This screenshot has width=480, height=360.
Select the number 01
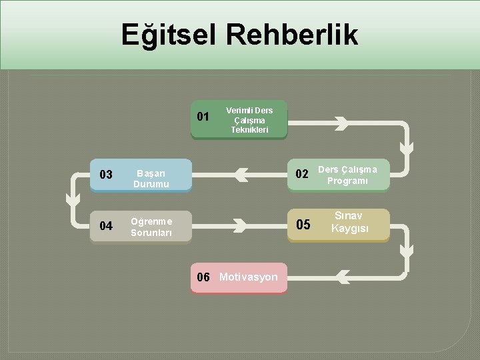pyautogui.click(x=203, y=117)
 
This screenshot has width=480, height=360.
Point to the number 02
pyautogui.click(x=302, y=175)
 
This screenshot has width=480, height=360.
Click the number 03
pyautogui.click(x=105, y=175)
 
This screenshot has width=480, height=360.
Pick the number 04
pyautogui.click(x=105, y=226)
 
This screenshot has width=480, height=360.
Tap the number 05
pyautogui.click(x=303, y=225)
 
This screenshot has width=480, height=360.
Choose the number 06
pyautogui.click(x=203, y=277)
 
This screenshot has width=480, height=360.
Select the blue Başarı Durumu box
pyautogui.click(x=151, y=175)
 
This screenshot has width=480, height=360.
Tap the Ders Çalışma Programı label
pyautogui.click(x=347, y=175)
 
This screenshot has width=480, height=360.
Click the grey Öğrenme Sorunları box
pyautogui.click(x=151, y=227)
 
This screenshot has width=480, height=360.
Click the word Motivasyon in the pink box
pyautogui.click(x=248, y=277)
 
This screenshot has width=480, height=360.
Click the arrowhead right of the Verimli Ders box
pyautogui.click(x=341, y=123)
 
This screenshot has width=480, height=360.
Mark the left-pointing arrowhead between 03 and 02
pyautogui.click(x=241, y=175)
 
